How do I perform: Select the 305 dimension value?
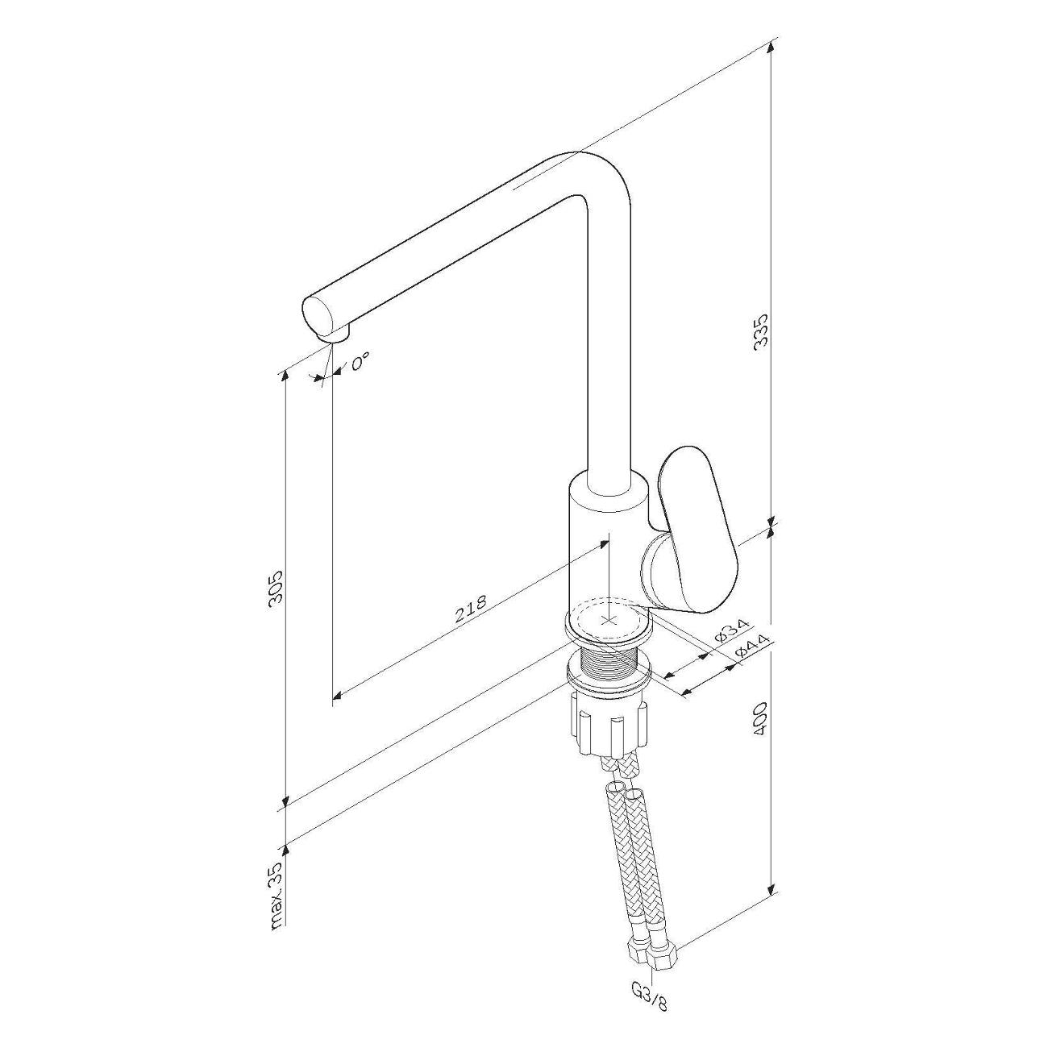277,588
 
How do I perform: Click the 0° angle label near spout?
360,362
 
